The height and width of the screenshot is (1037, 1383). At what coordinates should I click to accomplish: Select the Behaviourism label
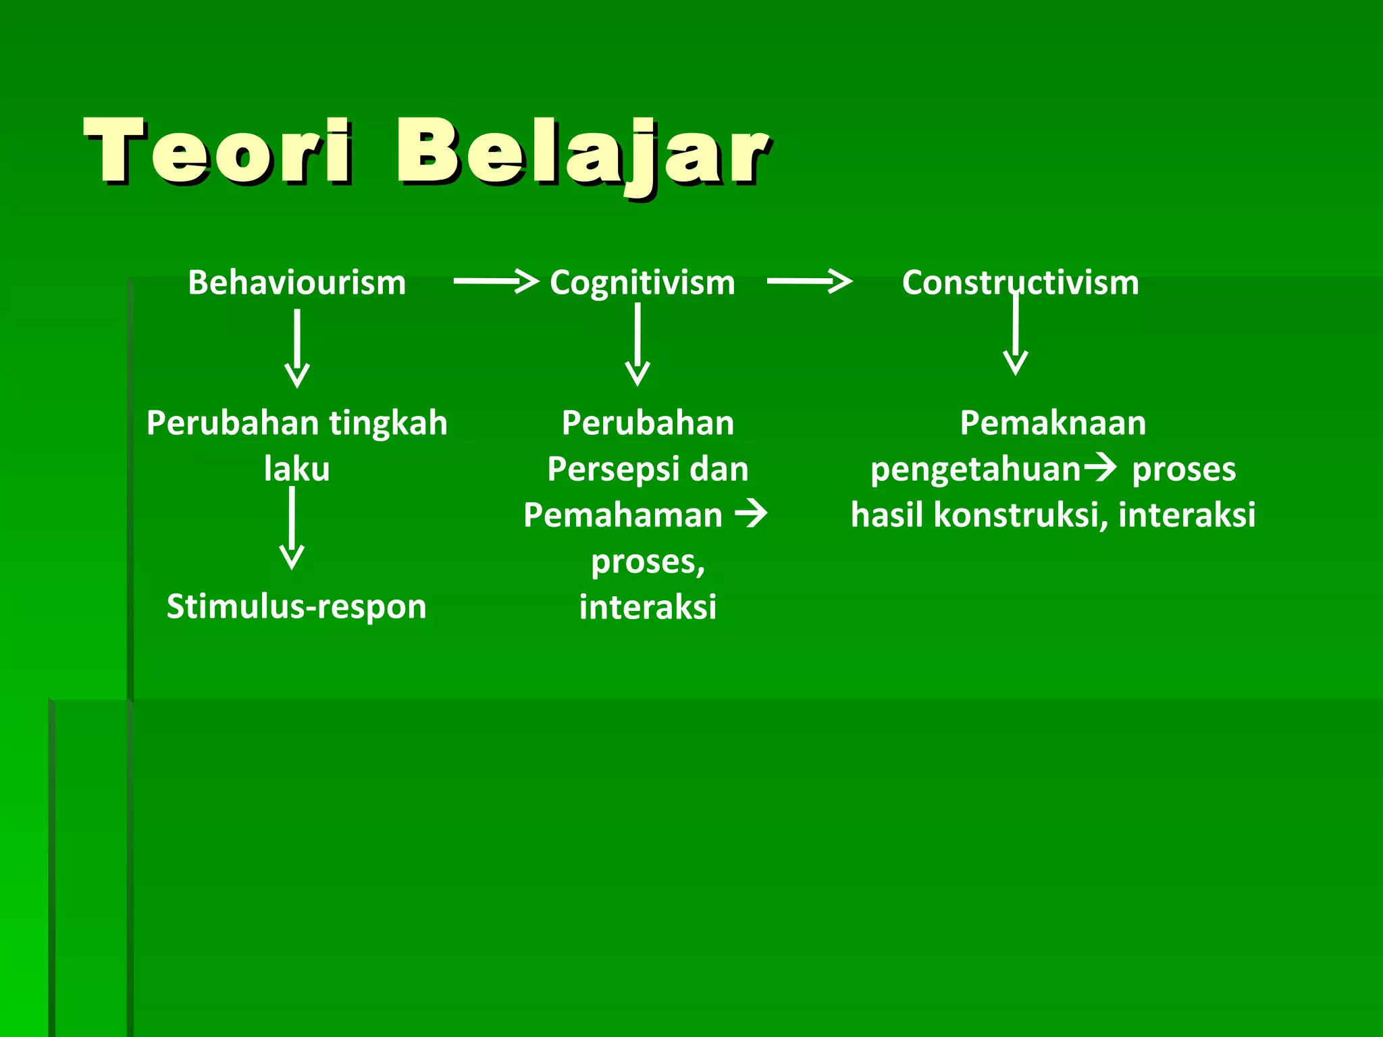pos(296,282)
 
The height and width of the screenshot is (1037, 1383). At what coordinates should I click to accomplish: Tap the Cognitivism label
pos(642,282)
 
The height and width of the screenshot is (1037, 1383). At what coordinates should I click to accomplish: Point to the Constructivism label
pos(1020,282)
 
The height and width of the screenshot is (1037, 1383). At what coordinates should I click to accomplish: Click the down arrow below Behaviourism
pos(297,348)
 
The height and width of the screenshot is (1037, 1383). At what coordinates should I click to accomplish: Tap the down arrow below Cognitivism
pos(637,344)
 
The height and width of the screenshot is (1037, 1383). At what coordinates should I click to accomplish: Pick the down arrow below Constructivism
pos(1016,334)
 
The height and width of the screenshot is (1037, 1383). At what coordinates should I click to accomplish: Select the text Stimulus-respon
pos(296,606)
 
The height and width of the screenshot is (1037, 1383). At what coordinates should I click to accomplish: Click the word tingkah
pos(388,423)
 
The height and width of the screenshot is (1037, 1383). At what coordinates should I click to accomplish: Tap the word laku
pos(296,469)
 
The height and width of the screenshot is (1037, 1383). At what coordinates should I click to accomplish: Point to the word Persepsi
pos(603,469)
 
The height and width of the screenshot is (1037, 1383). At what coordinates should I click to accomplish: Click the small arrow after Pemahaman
pos(751,514)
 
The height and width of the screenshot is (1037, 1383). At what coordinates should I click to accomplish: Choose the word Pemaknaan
pos(1053,423)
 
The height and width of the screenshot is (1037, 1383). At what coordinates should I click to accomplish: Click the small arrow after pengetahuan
pos(1100,467)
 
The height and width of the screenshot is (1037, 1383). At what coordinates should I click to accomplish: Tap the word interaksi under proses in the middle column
pos(648,606)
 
